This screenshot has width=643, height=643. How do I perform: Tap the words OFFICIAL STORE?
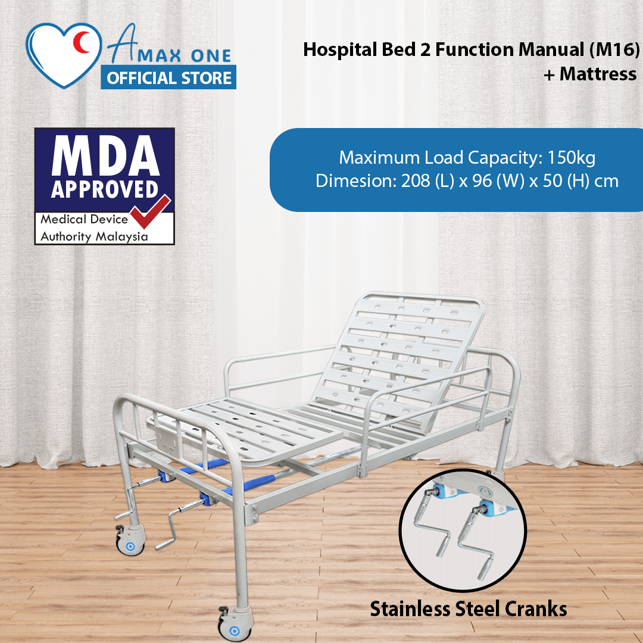pos(169,78)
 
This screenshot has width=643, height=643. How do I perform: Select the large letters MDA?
pos(105,156)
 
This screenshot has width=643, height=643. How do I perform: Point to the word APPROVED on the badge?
pos(105,189)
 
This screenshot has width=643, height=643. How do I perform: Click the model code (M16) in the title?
pos(614,50)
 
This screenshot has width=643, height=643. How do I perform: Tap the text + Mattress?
pos(590,74)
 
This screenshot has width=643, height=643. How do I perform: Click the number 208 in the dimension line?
pos(414,181)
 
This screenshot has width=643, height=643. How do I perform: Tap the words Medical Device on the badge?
pos(84,219)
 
